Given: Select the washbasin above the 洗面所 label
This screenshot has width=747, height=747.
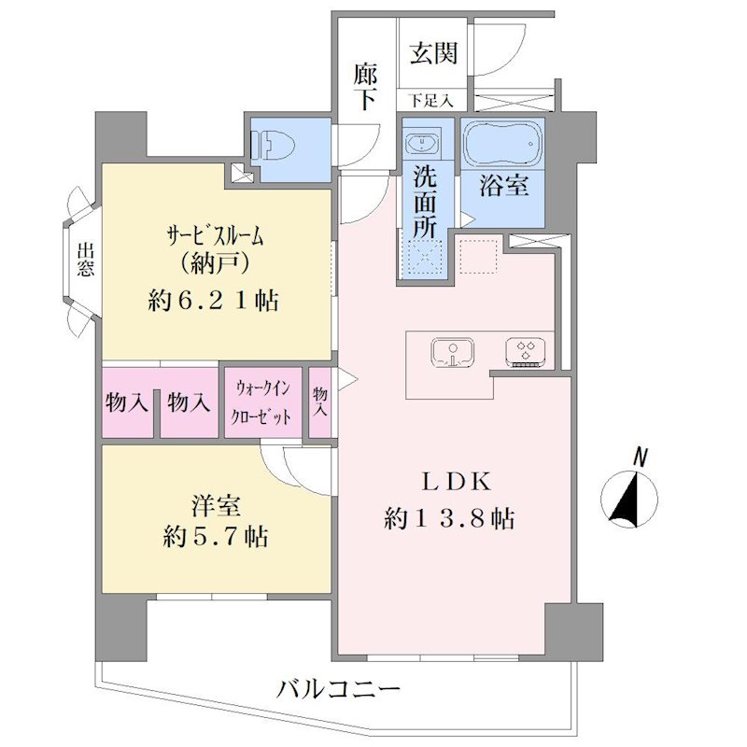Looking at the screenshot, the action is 422,142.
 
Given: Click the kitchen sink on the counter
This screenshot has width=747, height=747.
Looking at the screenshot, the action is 452,353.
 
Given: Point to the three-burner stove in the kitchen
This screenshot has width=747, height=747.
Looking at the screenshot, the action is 526,353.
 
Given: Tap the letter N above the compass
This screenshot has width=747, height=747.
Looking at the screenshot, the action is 641,458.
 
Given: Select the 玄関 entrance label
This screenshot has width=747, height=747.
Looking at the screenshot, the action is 433,52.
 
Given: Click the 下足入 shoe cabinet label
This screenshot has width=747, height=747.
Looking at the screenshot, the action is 430,101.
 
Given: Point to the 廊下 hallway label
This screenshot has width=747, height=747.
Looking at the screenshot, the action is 365,87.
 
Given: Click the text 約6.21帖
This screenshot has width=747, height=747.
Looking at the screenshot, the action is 213,301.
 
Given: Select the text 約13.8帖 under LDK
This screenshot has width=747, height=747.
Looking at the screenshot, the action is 449,518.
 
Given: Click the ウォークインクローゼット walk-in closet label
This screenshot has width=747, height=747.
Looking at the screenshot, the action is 261,403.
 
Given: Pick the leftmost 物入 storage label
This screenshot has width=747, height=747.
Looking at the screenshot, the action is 127,403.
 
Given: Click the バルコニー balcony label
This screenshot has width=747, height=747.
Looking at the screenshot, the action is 338,689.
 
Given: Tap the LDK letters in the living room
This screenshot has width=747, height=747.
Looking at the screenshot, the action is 456,482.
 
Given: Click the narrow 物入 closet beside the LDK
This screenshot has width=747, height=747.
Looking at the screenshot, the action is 320,402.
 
